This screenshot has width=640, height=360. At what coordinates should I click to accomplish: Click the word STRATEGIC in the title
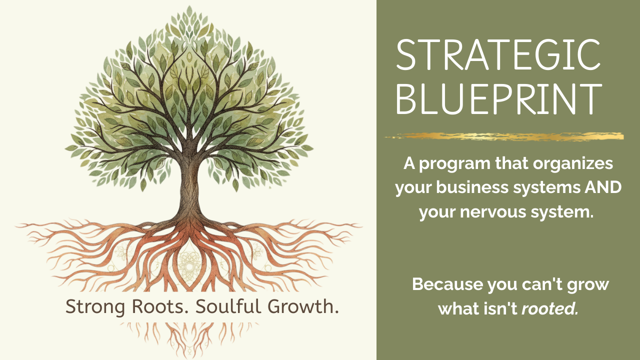(x=498, y=55)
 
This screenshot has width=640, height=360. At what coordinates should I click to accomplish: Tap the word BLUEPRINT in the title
(x=499, y=99)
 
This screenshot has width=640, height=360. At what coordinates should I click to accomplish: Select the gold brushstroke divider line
(x=504, y=136)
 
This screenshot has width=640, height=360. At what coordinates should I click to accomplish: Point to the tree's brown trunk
(x=189, y=185)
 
